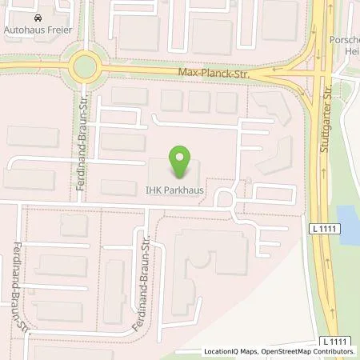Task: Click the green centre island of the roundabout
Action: pyautogui.click(x=83, y=66)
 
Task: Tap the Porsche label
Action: pyautogui.click(x=344, y=39)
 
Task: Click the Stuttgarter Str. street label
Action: pyautogui.click(x=323, y=128)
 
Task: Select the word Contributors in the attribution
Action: pyautogui.click(x=332, y=351)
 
